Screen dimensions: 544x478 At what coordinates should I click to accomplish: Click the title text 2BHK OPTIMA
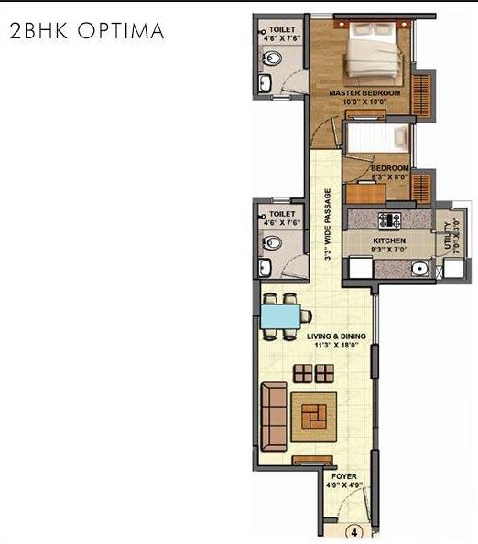point(86,31)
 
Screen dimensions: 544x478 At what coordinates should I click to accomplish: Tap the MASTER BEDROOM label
point(365,93)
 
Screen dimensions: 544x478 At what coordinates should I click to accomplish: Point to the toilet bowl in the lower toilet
point(271,244)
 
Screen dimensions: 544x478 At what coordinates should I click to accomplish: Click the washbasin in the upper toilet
point(265,85)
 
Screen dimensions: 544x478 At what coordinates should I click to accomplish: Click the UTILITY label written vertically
point(449,235)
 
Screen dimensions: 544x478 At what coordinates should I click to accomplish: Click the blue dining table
point(283,315)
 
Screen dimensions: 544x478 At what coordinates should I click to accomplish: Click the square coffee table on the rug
point(313,416)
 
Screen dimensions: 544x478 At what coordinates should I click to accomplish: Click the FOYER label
point(345,475)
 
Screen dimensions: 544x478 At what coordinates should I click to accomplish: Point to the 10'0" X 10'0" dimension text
point(364,103)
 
